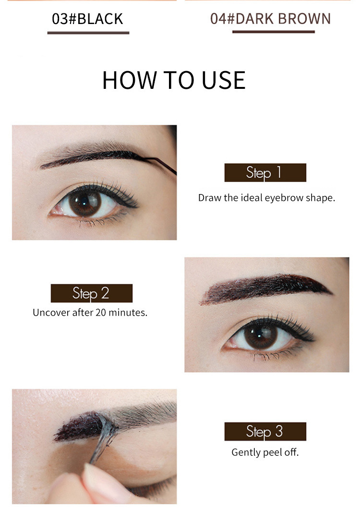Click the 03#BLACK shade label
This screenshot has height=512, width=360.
coord(88,19)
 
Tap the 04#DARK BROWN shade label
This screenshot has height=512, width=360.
coord(271,19)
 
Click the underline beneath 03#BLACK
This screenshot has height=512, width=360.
coord(88,33)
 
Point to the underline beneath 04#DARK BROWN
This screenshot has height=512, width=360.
coord(273,32)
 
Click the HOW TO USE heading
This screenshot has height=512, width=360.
coord(174,80)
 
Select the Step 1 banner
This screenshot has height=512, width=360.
coord(265,172)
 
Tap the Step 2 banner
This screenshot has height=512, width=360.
coord(91,293)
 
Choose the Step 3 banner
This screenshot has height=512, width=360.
coord(265,431)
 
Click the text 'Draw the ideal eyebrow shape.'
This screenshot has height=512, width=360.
coord(266,197)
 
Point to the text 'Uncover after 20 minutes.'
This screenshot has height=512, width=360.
coord(90,312)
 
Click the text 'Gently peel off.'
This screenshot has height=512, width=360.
coord(265,452)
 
